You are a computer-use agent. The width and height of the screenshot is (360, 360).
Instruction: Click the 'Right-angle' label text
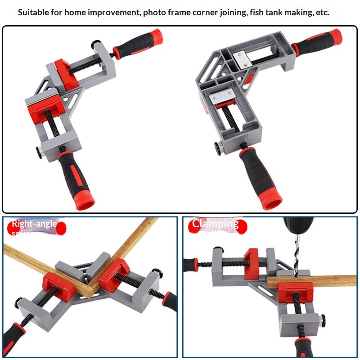coord(34,224)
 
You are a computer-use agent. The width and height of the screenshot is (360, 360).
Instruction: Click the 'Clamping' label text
coord(215,223)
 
